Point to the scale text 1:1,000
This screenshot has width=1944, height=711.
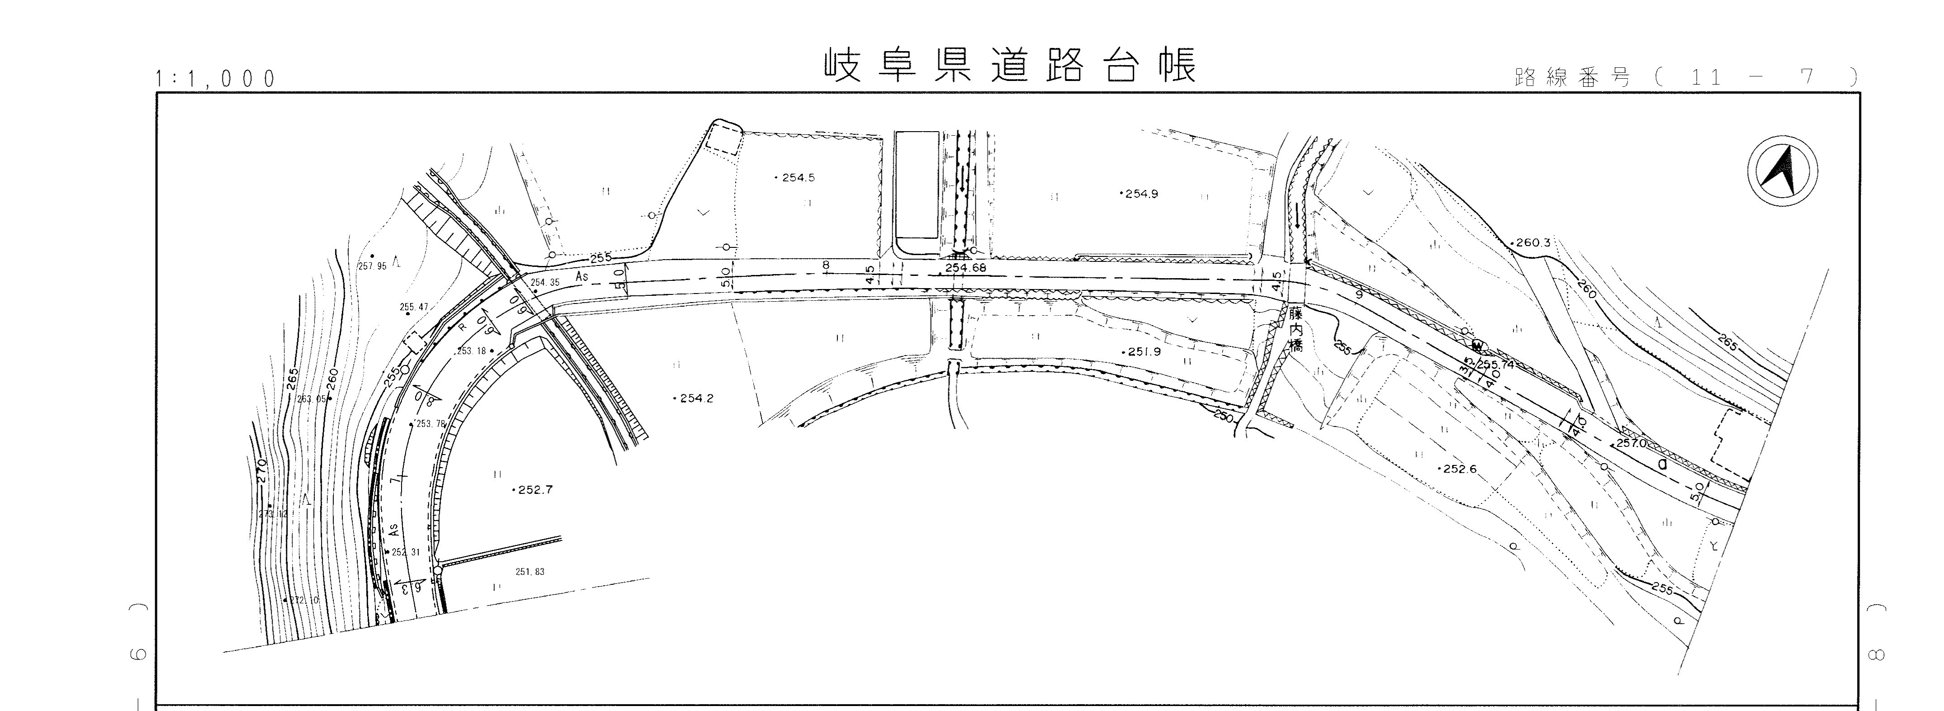pyautogui.click(x=216, y=79)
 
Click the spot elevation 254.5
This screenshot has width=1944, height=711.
pyautogui.click(x=798, y=178)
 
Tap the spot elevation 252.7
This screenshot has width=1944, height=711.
pyautogui.click(x=535, y=490)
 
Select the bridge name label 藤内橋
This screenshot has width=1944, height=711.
pyautogui.click(x=1296, y=329)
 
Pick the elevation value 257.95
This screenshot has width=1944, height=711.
pyautogui.click(x=372, y=265)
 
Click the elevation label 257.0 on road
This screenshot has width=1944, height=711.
pyautogui.click(x=1632, y=443)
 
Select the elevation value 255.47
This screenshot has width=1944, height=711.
pyautogui.click(x=414, y=307)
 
